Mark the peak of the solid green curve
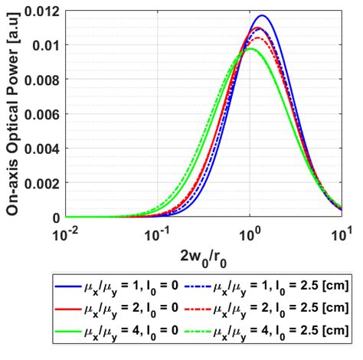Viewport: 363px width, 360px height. [250, 50]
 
